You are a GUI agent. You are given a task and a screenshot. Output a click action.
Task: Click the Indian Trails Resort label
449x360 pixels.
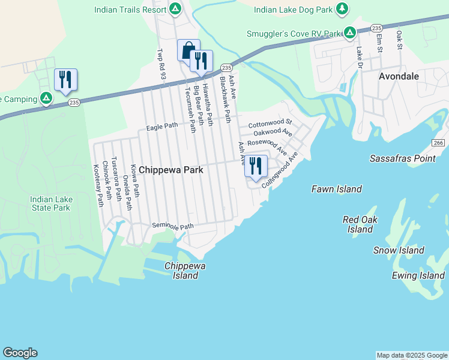(x=131, y=9)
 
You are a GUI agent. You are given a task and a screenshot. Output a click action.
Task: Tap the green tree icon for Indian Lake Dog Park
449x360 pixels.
(x=342, y=9)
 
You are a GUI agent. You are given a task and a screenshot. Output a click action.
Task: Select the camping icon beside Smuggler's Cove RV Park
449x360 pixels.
(x=349, y=33)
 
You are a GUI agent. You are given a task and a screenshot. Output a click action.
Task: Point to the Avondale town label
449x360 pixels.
(x=399, y=76)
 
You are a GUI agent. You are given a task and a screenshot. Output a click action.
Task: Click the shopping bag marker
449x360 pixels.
(x=188, y=50)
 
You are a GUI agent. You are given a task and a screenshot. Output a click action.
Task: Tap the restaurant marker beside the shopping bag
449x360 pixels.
(x=200, y=61)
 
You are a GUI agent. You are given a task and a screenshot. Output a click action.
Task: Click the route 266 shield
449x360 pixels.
(x=438, y=142)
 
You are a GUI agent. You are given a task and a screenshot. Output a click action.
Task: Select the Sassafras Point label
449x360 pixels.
(x=402, y=158)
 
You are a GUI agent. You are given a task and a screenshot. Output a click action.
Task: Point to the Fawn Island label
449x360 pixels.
(x=336, y=189)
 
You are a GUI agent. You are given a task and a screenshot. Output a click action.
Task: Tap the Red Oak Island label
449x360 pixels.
(x=360, y=224)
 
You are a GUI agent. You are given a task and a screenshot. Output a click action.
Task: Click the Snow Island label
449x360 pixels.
(x=399, y=250)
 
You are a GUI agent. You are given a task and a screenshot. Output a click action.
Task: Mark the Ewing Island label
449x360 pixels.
(x=418, y=275)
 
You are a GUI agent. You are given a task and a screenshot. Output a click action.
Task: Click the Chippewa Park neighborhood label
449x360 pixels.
(x=171, y=170)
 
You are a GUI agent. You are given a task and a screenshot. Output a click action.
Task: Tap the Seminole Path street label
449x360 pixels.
(x=173, y=226)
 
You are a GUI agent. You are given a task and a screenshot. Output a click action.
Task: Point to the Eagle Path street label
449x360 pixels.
(x=163, y=126)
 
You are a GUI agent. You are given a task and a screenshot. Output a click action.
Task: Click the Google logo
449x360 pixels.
(x=20, y=353)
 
